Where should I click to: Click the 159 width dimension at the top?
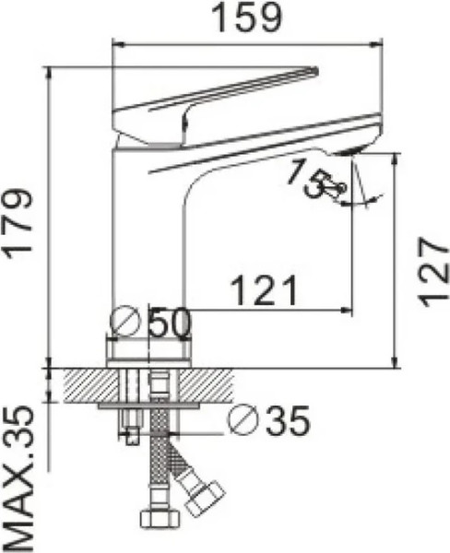pyautogui.click(x=246, y=19)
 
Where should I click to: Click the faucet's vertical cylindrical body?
pyautogui.click(x=148, y=240)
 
